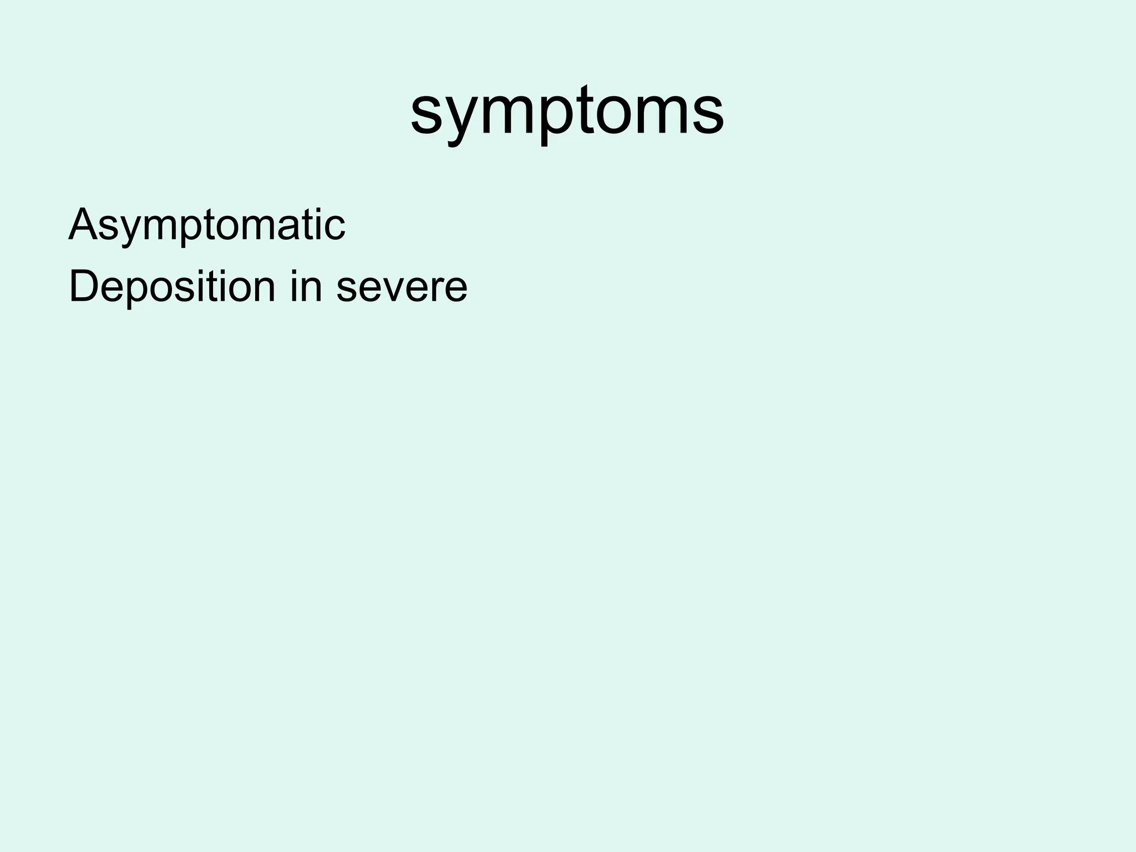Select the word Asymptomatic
coord(206,225)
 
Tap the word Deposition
coord(171,287)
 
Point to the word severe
coord(402,288)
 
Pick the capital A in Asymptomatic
coord(83,224)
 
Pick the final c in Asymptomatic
coord(336,227)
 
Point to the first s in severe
coord(347,290)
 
